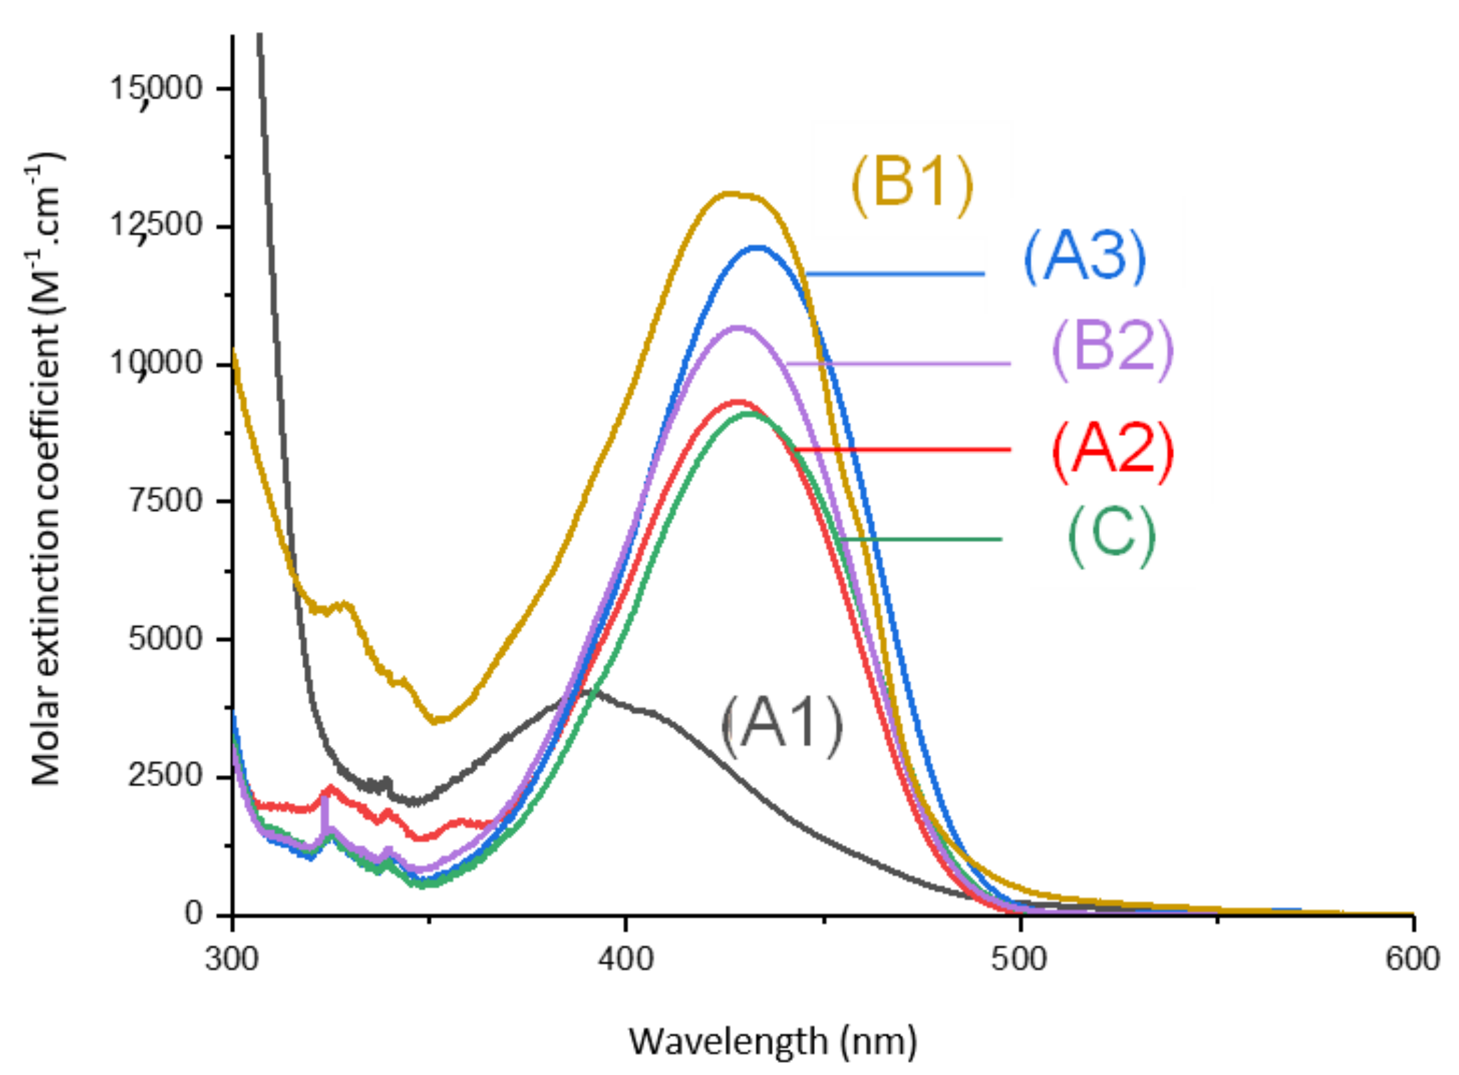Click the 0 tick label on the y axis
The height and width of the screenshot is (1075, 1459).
pos(194,913)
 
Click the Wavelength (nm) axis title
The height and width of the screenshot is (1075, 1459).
pos(773,1041)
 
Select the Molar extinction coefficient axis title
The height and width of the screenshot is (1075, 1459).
pos(45,469)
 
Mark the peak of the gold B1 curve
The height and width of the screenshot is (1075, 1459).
pos(733,193)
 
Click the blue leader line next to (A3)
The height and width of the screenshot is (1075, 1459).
pos(895,274)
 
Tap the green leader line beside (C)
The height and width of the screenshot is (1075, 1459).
pos(921,539)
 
